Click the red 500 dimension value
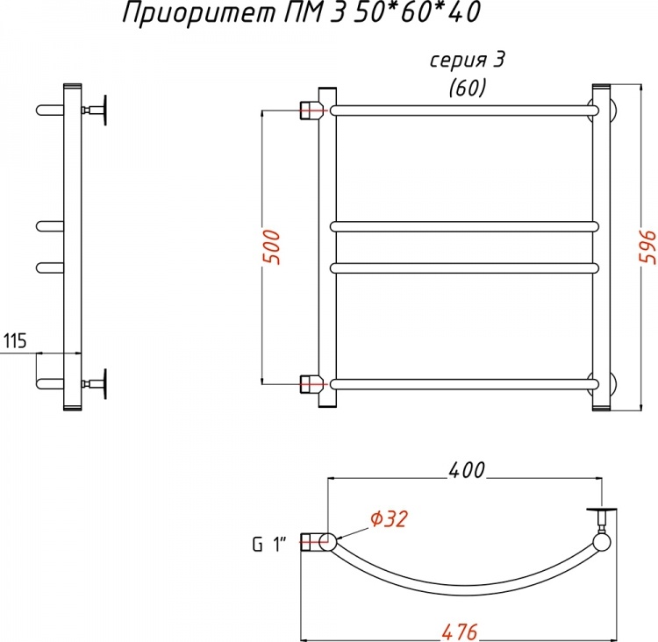point(271,247)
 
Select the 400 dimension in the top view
point(467,470)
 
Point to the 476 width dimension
point(460,632)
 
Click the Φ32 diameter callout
point(389,518)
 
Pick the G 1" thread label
point(269,545)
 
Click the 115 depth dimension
point(15,340)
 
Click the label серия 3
point(467,61)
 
